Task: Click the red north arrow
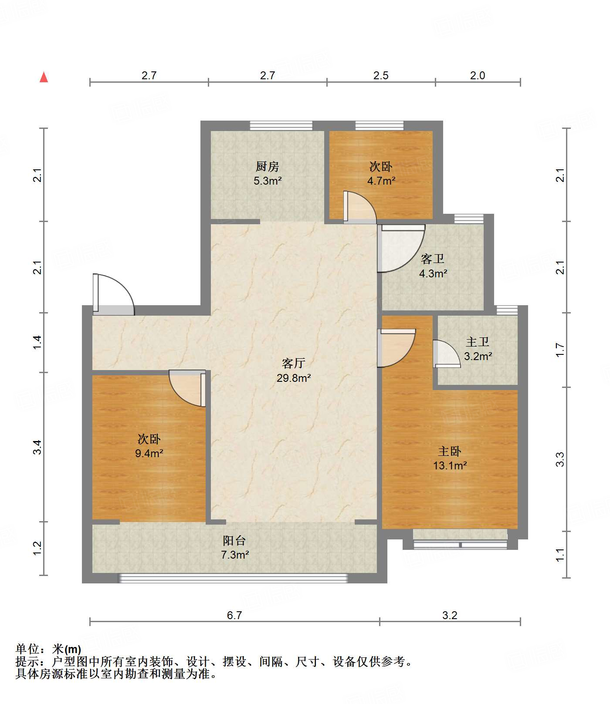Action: click(x=44, y=77)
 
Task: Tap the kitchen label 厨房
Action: click(x=267, y=166)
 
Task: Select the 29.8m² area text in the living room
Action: click(x=294, y=378)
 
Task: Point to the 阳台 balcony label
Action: click(x=234, y=541)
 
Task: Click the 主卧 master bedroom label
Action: click(x=450, y=451)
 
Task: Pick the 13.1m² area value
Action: click(x=450, y=465)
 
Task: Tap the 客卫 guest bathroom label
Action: click(x=433, y=259)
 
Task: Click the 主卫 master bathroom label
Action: click(x=478, y=342)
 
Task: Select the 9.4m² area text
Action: click(x=149, y=453)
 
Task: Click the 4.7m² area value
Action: click(x=381, y=181)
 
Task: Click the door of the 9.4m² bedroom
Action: click(x=187, y=388)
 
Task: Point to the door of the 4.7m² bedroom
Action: click(x=360, y=207)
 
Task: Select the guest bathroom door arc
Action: click(x=401, y=249)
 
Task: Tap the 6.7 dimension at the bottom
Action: click(x=234, y=615)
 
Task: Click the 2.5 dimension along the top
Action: click(x=381, y=75)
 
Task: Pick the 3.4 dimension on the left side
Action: click(x=37, y=447)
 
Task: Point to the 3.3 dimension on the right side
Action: click(x=560, y=459)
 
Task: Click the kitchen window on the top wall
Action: click(x=281, y=126)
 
